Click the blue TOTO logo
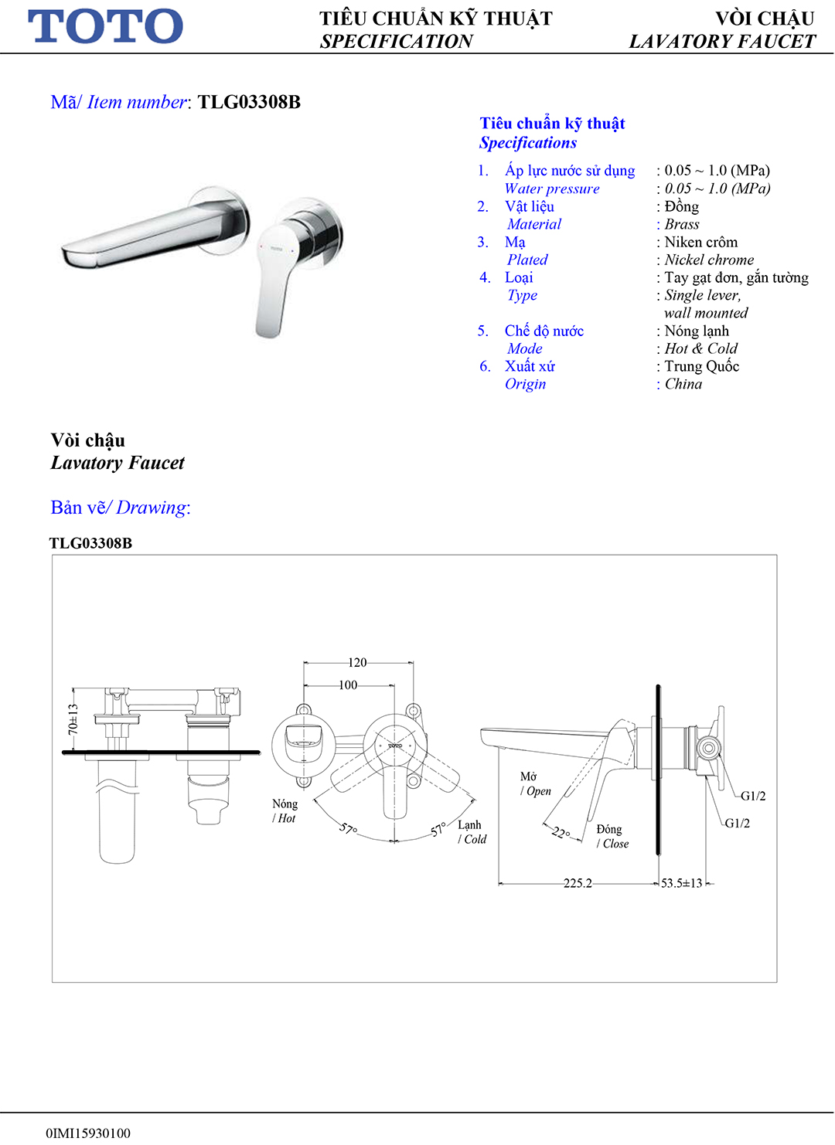coord(106,26)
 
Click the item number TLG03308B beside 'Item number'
coord(249,102)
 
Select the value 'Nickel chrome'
coord(709,260)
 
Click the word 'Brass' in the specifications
coord(682,225)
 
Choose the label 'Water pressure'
coord(552,189)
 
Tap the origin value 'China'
coord(683,385)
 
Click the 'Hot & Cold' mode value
coord(701,349)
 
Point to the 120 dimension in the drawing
coord(357,663)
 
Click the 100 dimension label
coord(348,685)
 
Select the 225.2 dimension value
coord(578,883)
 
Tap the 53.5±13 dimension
coord(682,883)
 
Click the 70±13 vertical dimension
coord(73,719)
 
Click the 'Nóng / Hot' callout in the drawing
coord(285,811)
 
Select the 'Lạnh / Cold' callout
coord(472,832)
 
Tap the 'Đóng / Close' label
coord(612,837)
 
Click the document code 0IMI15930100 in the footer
coord(88,1133)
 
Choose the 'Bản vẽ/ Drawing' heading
coord(120,508)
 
